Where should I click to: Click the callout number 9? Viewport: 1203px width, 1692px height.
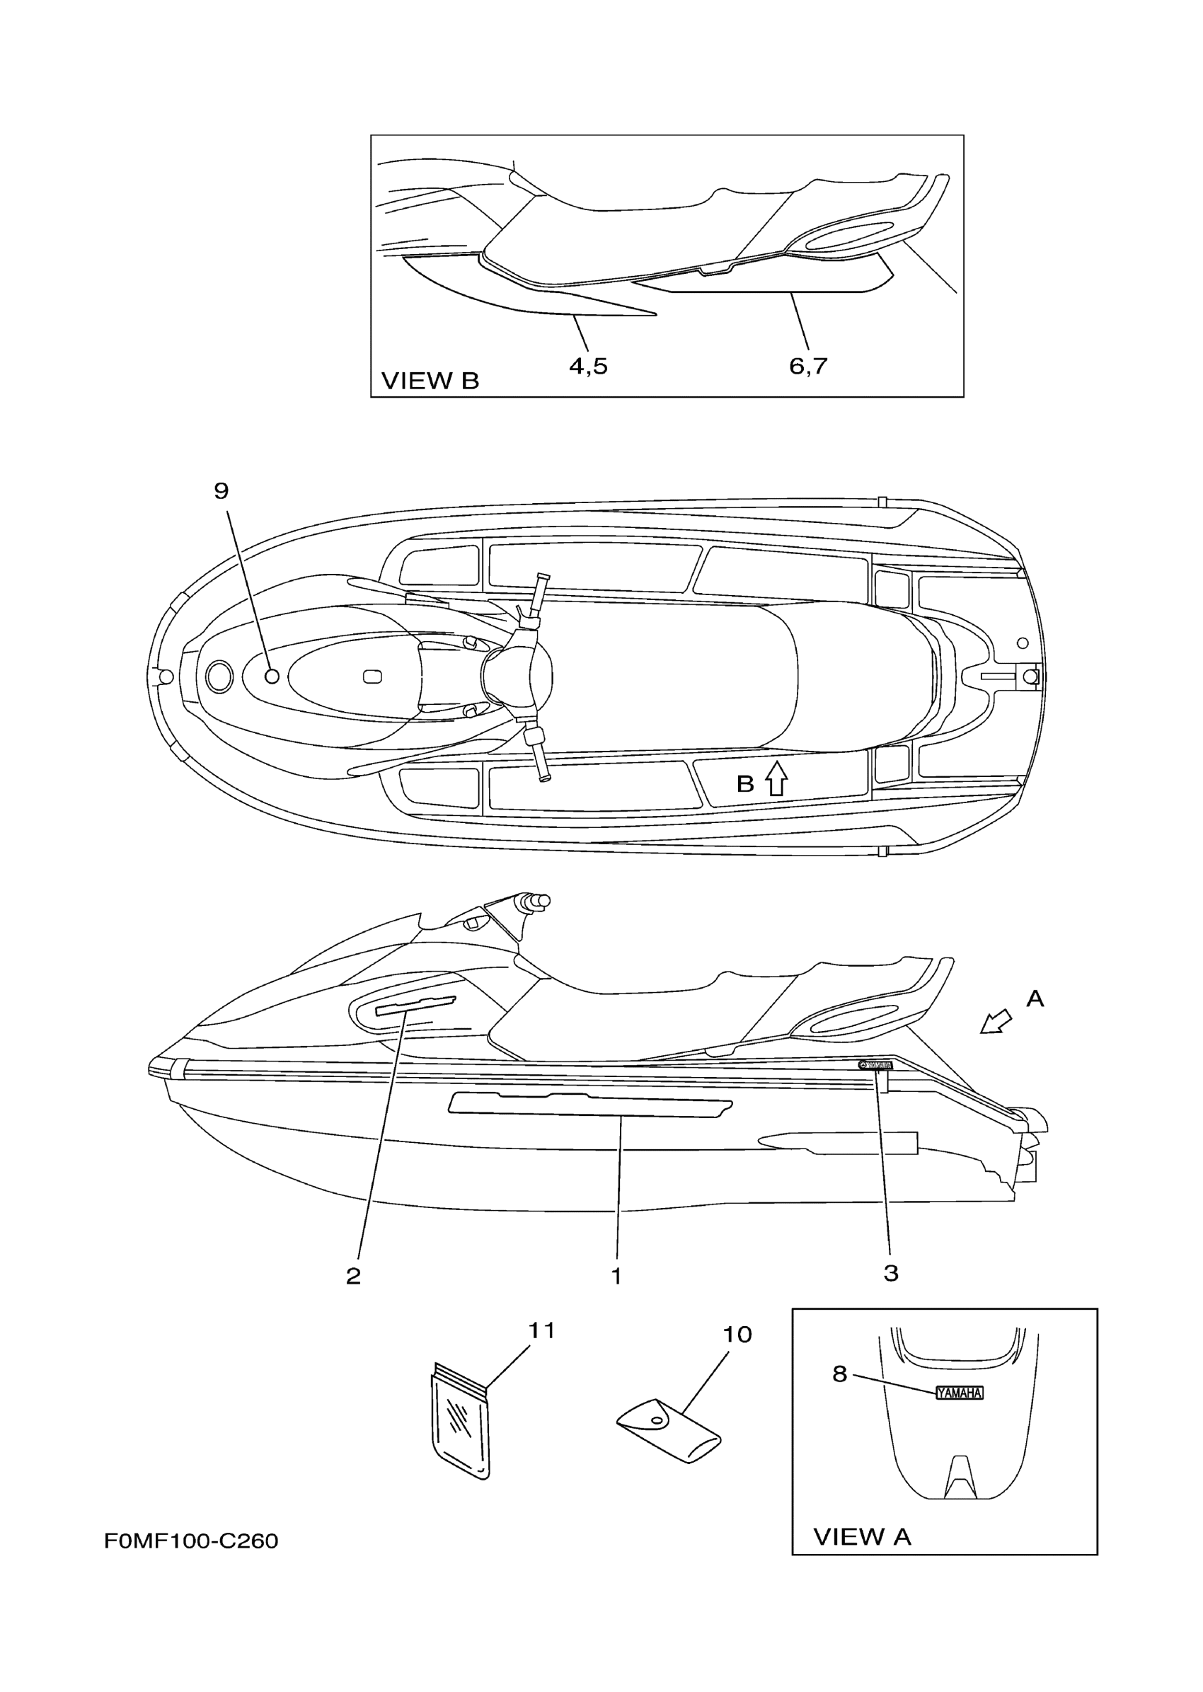(221, 490)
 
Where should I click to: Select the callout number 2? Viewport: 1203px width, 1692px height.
(353, 1276)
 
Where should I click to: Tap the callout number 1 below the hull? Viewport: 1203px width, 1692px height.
(616, 1276)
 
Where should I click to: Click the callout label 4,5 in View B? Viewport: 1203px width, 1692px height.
(588, 366)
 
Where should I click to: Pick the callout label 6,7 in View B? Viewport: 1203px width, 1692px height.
(807, 366)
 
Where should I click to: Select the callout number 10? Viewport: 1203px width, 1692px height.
(737, 1334)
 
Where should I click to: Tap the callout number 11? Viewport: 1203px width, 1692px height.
(541, 1330)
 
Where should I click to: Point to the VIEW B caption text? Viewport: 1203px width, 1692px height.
(430, 381)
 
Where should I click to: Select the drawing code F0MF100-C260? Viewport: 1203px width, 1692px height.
(191, 1541)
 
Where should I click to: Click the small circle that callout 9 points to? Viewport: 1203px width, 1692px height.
(272, 676)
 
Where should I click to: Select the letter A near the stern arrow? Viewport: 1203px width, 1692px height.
(1035, 999)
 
